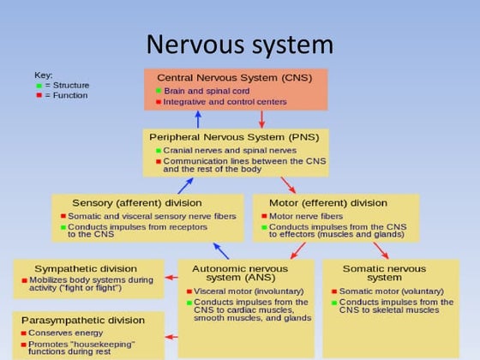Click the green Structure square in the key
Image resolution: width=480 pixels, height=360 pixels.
coord(39,86)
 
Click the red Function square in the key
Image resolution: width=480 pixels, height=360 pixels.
coord(39,95)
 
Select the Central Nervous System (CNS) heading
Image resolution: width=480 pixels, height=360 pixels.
coord(234,78)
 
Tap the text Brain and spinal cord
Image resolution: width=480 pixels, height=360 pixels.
coord(205,90)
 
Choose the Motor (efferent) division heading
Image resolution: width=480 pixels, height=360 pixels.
coord(335,203)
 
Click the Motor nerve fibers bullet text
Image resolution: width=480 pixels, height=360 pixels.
coord(306,215)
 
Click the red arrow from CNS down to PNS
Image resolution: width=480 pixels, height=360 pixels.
coord(262,119)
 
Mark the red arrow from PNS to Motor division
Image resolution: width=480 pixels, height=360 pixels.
coord(287,184)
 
